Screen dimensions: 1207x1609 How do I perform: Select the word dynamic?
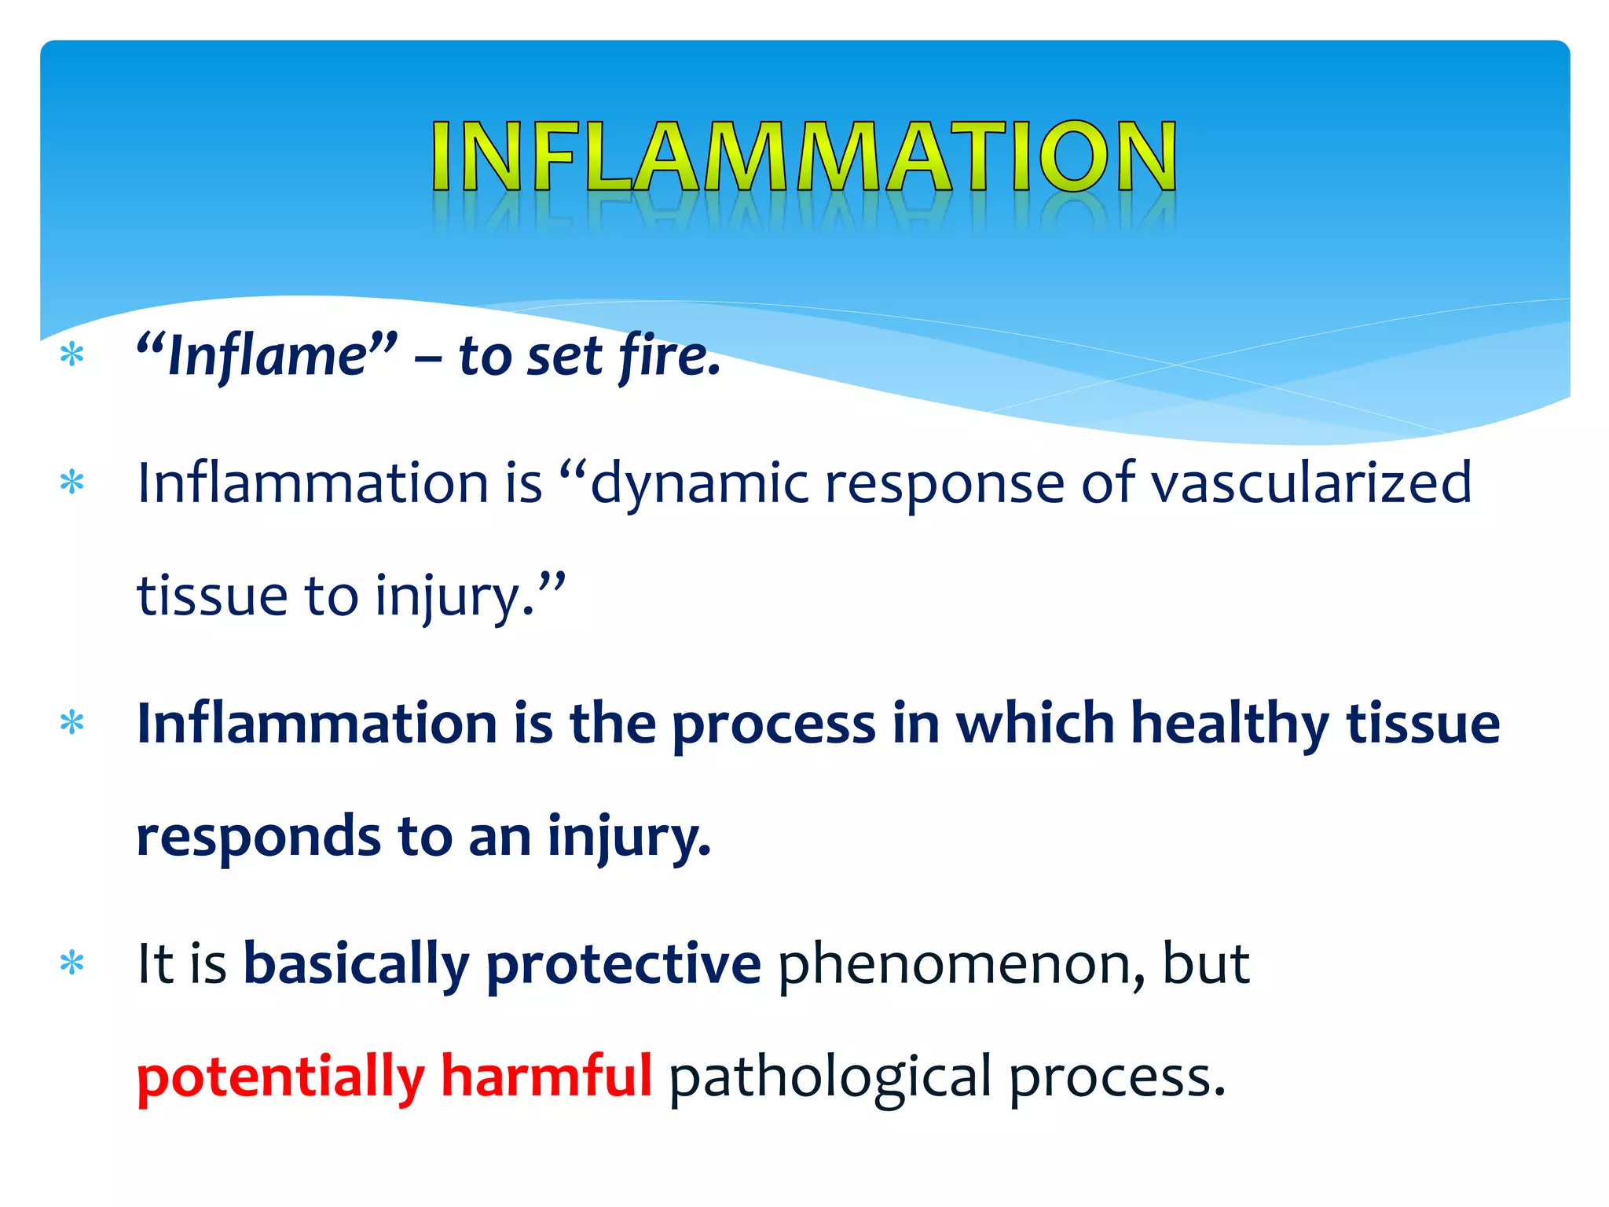click(699, 483)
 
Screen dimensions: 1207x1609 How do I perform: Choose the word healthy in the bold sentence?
click(1230, 723)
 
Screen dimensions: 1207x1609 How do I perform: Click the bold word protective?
click(623, 965)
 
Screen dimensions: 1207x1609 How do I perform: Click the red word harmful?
click(546, 1077)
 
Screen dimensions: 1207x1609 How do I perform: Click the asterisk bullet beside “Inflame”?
click(72, 355)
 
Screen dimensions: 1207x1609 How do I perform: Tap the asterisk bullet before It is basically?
click(72, 963)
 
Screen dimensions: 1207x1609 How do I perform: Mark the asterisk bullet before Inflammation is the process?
click(72, 722)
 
